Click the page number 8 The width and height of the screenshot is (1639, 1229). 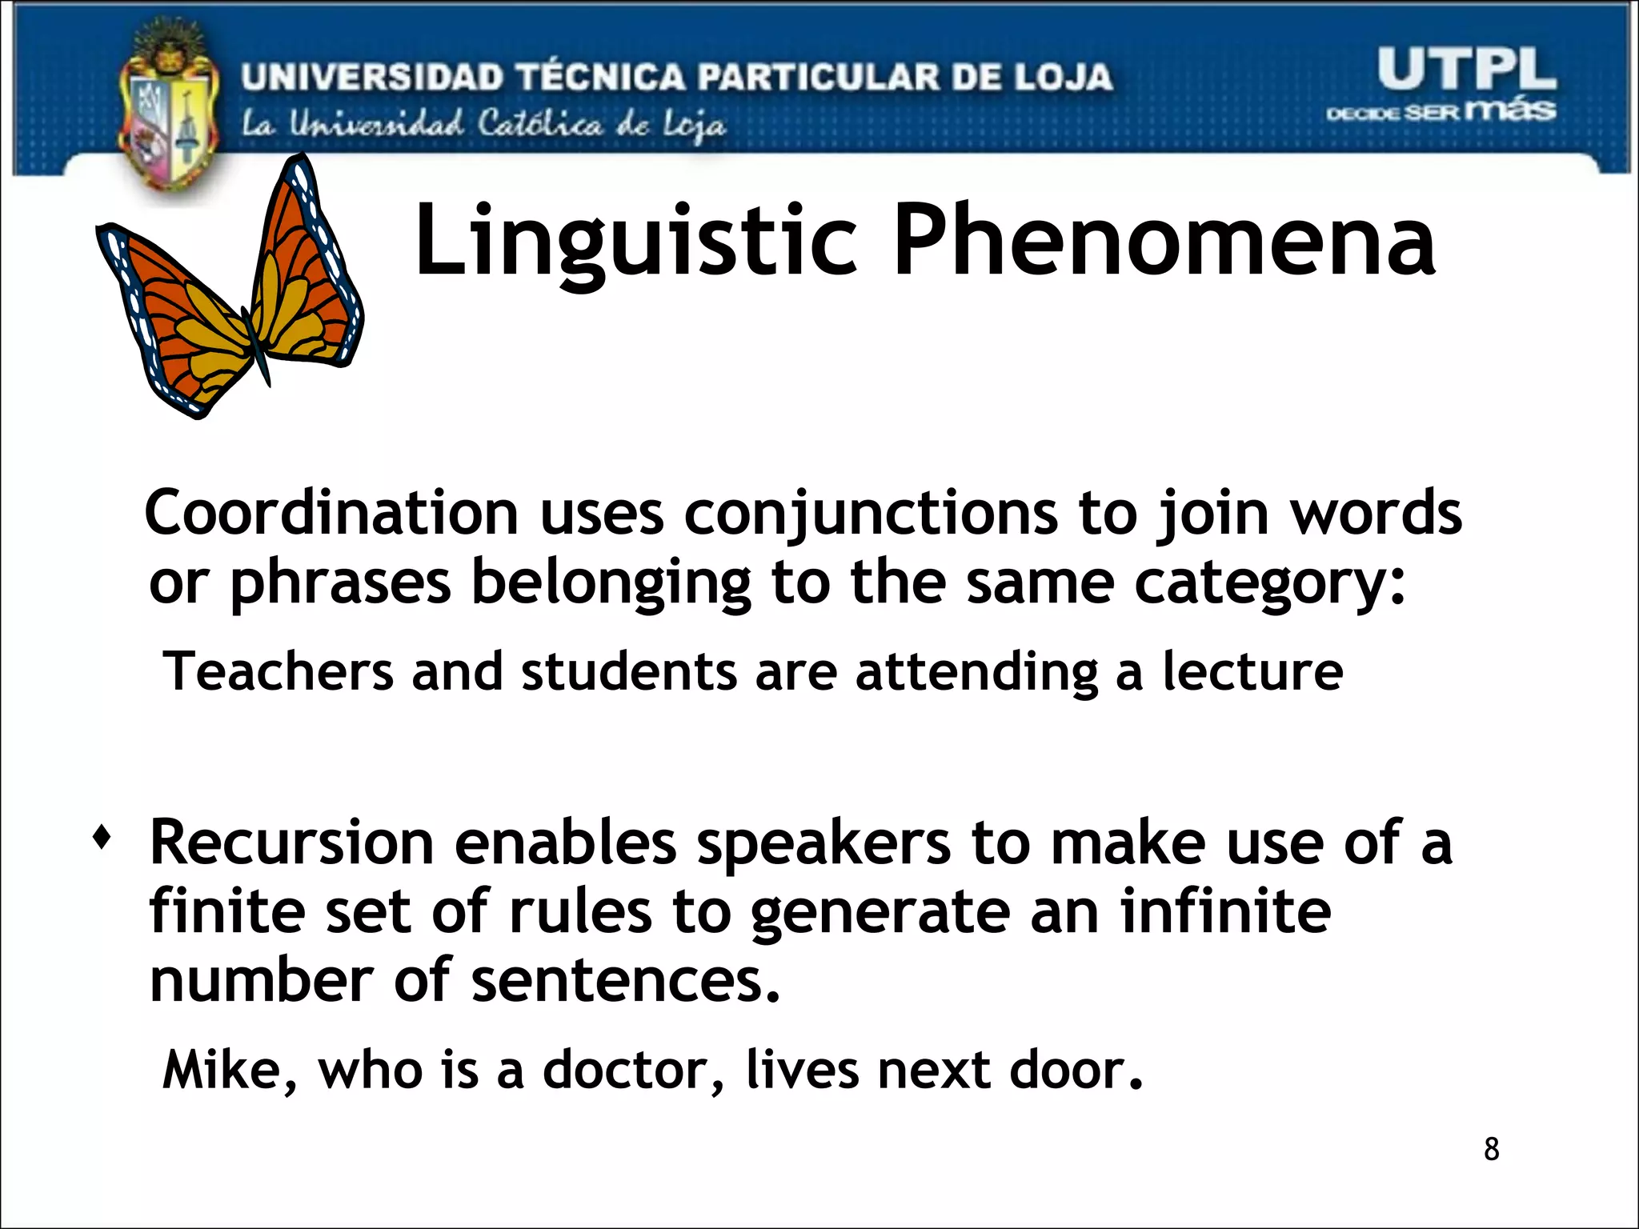[x=1491, y=1149]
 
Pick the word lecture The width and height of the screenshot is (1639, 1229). [x=1252, y=672]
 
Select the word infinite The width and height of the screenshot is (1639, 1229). [x=1224, y=912]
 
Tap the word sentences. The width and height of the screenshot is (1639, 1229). [x=624, y=982]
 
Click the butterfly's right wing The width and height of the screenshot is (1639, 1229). [x=308, y=272]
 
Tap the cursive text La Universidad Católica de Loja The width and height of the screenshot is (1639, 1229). [x=483, y=125]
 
